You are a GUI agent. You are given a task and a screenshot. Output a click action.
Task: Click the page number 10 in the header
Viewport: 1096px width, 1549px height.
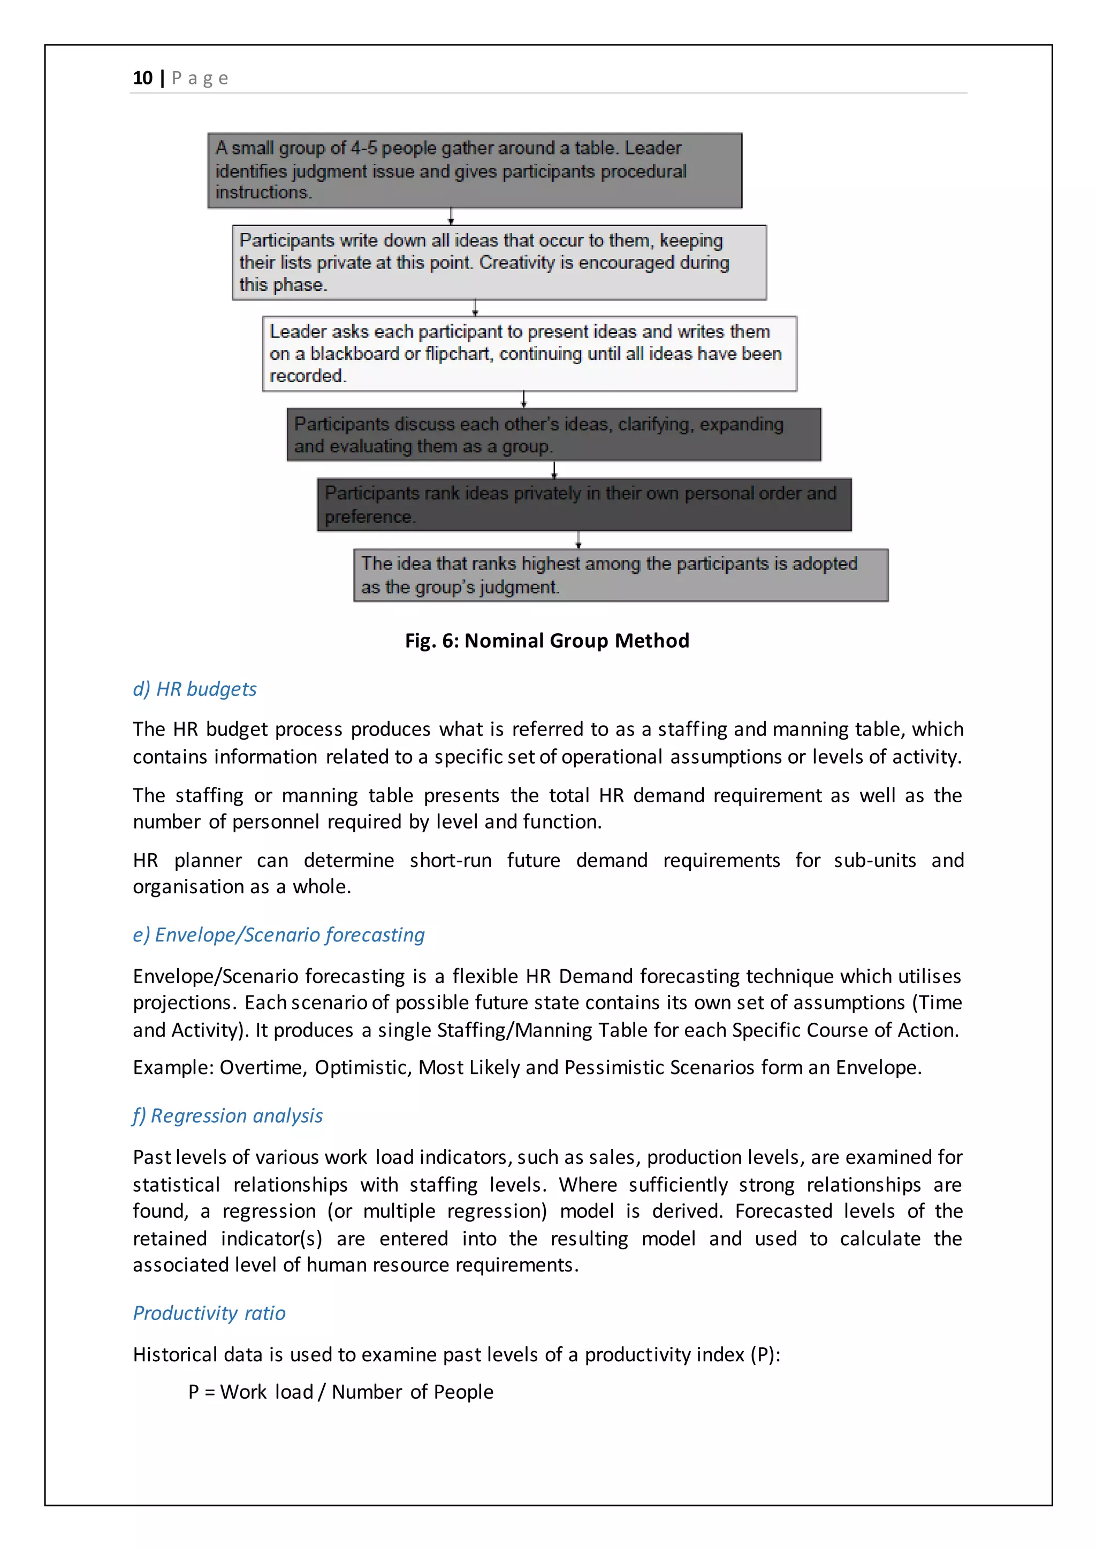click(x=142, y=78)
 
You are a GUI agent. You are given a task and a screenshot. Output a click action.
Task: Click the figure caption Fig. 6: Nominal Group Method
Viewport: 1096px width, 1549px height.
click(x=546, y=640)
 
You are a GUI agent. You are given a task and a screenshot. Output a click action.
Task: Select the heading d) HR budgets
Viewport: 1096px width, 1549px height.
click(x=194, y=689)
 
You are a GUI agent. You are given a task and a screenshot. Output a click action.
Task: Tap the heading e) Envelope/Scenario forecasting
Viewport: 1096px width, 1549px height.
click(x=279, y=934)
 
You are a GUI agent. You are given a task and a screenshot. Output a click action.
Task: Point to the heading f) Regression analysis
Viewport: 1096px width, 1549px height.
click(x=227, y=1115)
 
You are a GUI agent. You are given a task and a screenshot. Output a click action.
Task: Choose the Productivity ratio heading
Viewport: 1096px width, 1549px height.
click(x=209, y=1313)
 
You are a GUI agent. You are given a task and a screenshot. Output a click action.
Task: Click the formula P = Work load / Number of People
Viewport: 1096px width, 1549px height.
click(x=341, y=1392)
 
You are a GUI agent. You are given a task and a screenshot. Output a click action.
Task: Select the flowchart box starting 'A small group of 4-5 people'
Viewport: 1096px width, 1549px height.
click(x=475, y=170)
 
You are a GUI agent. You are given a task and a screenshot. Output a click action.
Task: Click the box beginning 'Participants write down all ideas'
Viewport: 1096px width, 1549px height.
click(x=499, y=263)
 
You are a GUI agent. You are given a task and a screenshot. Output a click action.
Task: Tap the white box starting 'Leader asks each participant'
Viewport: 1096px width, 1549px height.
click(x=529, y=354)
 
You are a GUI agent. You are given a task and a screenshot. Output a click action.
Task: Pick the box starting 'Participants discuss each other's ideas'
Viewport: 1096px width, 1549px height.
click(x=553, y=434)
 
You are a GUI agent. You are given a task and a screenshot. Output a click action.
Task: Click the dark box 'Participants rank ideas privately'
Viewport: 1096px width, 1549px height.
click(x=584, y=504)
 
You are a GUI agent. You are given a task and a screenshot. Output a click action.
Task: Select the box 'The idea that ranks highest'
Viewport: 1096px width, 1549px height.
click(x=620, y=575)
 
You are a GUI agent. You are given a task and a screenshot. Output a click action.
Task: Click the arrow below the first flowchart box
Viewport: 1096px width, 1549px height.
click(x=451, y=217)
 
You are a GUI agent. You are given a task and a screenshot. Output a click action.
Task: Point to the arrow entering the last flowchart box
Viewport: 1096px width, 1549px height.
click(x=579, y=540)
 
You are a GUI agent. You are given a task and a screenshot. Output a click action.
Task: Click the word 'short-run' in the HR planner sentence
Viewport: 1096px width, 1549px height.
click(x=450, y=860)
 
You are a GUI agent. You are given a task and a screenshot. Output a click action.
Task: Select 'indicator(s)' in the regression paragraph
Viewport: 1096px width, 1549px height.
click(x=271, y=1239)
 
